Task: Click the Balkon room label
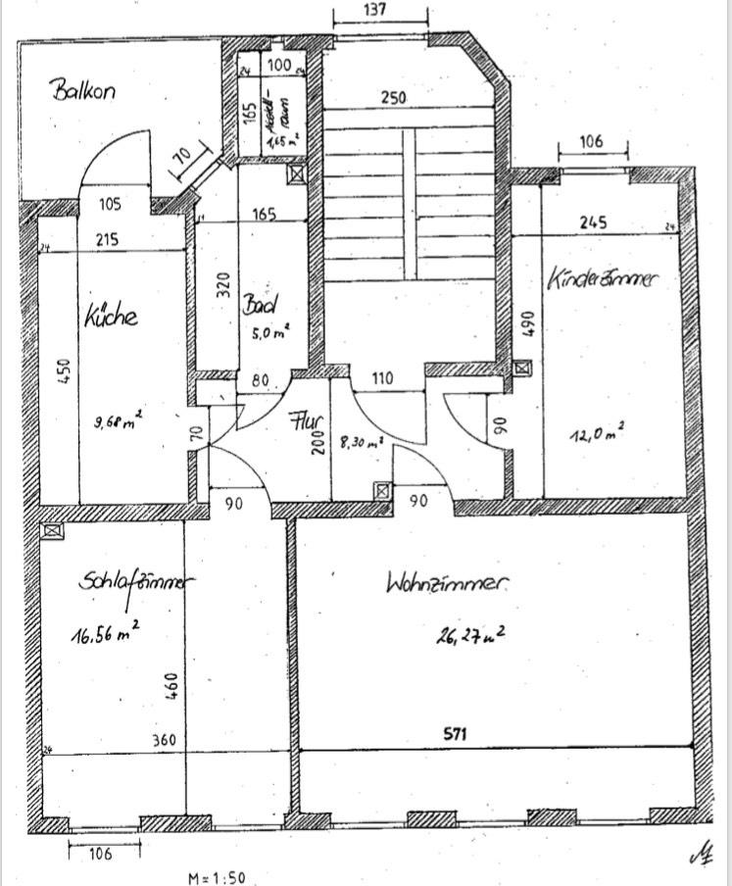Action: point(84,91)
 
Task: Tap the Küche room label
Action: point(110,317)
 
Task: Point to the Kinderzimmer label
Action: point(603,279)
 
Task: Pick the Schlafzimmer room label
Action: point(134,582)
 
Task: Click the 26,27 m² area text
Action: point(470,636)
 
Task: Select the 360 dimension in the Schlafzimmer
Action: point(164,739)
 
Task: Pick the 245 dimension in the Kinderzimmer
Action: point(593,222)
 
